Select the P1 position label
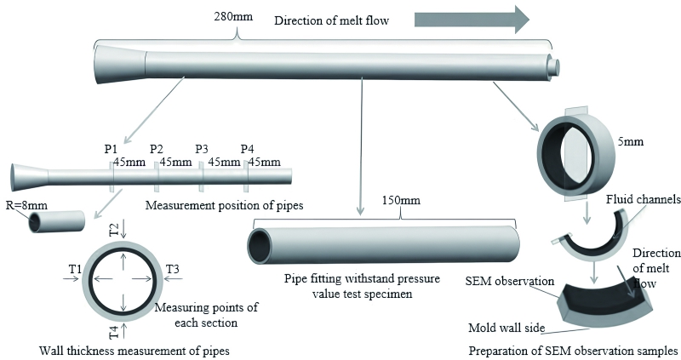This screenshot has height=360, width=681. coord(112,150)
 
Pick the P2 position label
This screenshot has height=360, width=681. coord(157,150)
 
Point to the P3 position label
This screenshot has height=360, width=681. coord(203,150)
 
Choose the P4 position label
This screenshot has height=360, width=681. coord(249,150)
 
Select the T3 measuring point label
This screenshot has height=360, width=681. coord(173,269)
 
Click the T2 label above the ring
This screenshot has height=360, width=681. coord(114,229)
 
